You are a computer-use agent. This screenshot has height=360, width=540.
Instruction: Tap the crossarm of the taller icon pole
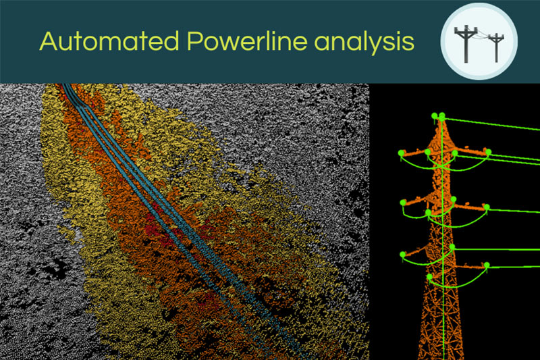tap(465, 31)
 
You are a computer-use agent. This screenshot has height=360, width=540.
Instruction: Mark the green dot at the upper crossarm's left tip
tap(401, 153)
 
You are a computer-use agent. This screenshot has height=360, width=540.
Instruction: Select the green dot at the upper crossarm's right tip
tap(488, 152)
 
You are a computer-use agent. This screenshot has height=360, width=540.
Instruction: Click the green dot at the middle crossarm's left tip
tap(403, 202)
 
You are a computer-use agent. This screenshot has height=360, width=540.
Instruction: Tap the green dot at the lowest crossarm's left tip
tap(403, 254)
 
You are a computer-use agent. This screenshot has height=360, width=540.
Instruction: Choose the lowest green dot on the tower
tap(430, 277)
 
